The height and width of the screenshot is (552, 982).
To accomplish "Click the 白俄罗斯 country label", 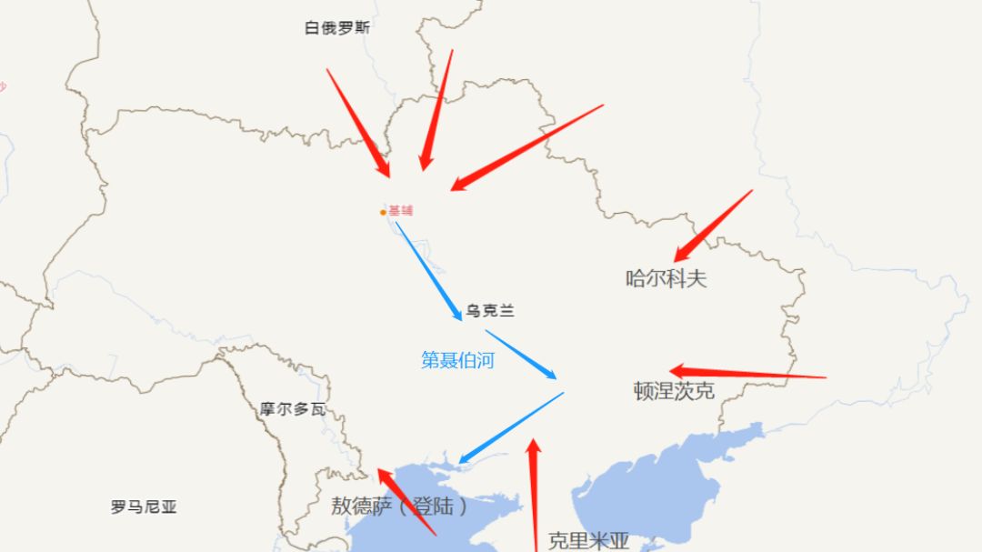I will point(337,28).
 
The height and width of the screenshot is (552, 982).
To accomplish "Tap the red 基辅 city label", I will point(401,211).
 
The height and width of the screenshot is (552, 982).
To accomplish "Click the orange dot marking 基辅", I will point(383,213).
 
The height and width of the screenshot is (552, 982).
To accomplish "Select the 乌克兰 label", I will point(490,311).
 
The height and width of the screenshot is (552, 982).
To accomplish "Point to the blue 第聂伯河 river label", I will point(457,360).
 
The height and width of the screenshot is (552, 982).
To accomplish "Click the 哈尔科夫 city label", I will point(666,278).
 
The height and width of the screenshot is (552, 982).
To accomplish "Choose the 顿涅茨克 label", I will point(674,391).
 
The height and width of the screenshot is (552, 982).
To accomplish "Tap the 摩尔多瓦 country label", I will point(292,409).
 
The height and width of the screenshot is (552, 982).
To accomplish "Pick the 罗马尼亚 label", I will point(144,507).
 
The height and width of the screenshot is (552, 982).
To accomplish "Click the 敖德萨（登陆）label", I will point(399,506).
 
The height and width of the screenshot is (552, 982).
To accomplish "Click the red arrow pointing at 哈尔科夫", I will point(713,226).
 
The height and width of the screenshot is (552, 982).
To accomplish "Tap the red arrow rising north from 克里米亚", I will point(534,496).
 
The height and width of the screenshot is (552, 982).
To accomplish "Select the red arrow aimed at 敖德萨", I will point(406,502).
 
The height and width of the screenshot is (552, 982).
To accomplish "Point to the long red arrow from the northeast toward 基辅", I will point(526,147).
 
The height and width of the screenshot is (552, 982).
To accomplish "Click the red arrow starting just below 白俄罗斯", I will point(357,122).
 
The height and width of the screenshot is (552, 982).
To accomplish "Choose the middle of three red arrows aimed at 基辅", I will point(436,109).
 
